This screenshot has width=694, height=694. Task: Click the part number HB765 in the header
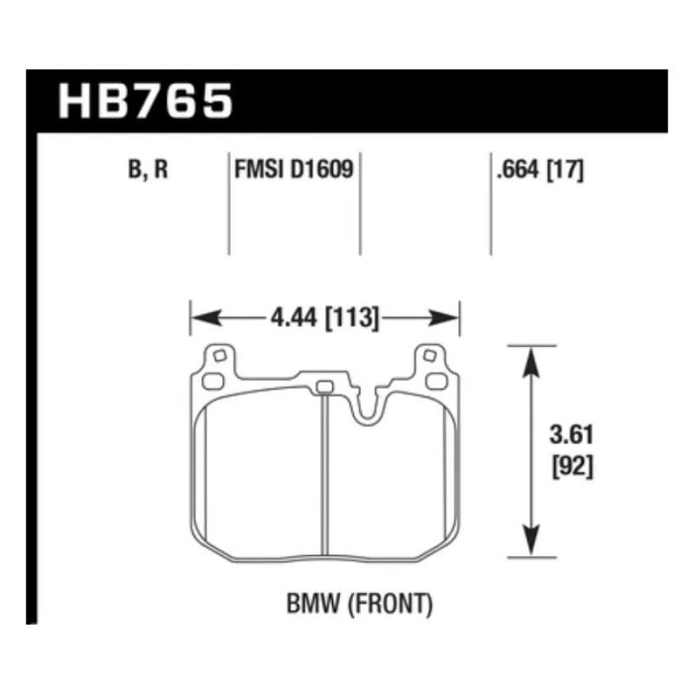(x=145, y=101)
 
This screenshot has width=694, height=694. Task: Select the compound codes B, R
(x=148, y=170)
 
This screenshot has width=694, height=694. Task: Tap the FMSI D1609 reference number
(x=293, y=170)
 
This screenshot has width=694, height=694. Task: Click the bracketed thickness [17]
(x=566, y=170)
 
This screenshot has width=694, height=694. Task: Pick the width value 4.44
(x=294, y=317)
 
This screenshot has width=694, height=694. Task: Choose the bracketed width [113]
(x=352, y=318)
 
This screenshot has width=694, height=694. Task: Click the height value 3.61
(x=571, y=434)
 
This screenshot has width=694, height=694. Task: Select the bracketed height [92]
(x=572, y=467)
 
